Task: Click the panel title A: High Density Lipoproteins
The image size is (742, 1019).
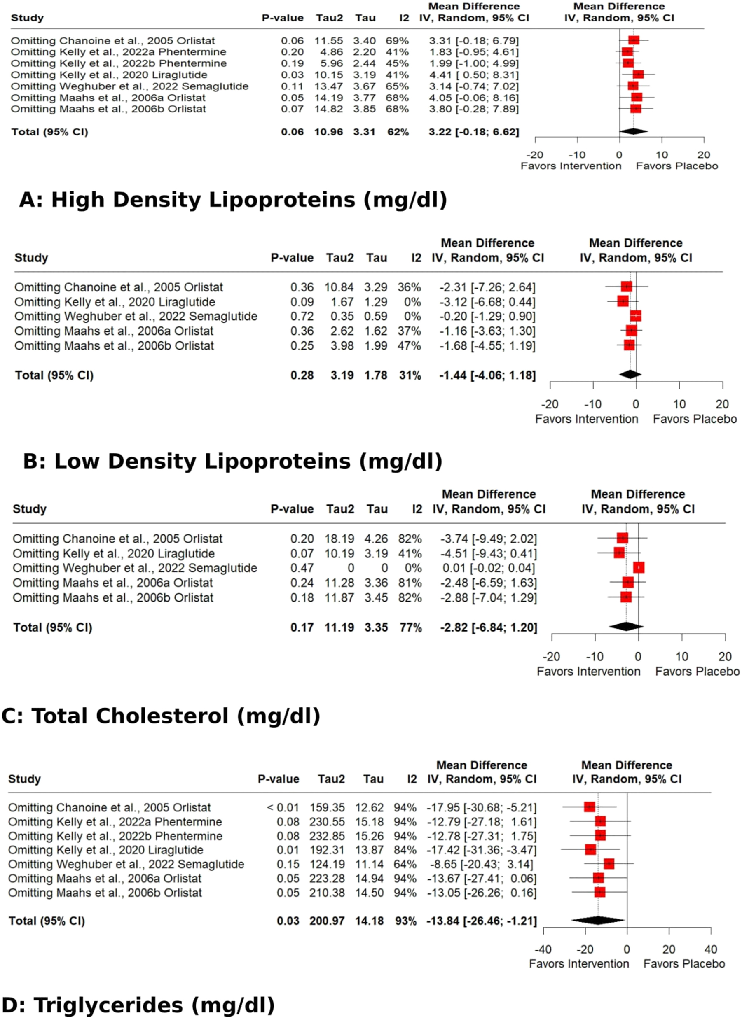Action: click(x=233, y=200)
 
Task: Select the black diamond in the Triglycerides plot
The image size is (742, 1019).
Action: click(x=598, y=920)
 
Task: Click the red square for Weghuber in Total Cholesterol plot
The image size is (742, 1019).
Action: click(x=639, y=568)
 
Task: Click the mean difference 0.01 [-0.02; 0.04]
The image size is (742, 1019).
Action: click(x=489, y=568)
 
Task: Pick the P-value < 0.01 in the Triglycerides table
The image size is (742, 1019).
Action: click(x=283, y=808)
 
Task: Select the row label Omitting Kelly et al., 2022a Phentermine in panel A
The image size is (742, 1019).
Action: click(x=118, y=52)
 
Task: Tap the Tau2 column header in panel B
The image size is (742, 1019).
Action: click(x=340, y=258)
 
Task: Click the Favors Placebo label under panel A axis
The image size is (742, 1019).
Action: click(x=677, y=166)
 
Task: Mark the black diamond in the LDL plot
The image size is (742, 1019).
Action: click(x=630, y=374)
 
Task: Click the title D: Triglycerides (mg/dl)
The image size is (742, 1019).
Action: click(x=138, y=1005)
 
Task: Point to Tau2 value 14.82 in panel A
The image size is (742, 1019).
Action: click(x=329, y=109)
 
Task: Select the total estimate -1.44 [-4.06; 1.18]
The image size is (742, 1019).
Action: click(x=487, y=375)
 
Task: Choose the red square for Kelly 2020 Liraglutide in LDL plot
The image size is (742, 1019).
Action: click(x=623, y=301)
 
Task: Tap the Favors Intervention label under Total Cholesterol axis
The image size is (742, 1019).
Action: click(x=588, y=671)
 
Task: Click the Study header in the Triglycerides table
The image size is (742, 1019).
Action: click(x=24, y=779)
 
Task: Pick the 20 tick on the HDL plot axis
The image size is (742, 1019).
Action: click(x=704, y=155)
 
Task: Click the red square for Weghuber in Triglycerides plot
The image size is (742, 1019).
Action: click(x=609, y=864)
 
